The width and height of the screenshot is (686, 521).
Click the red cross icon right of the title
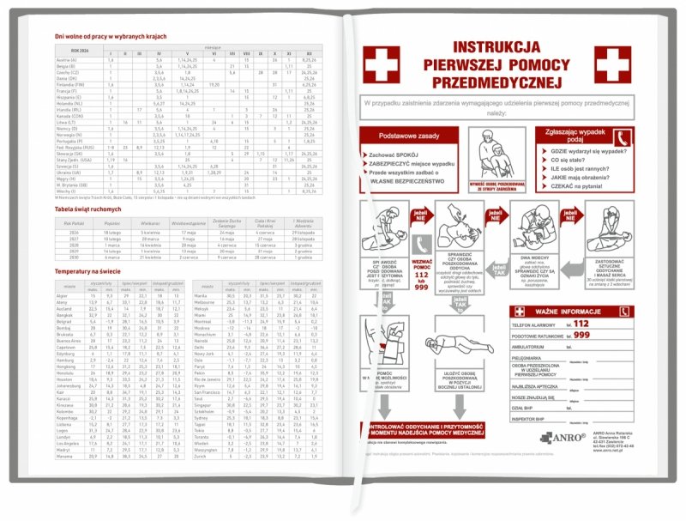pos(614,64)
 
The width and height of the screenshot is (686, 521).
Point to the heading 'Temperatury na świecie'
pos(83,271)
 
